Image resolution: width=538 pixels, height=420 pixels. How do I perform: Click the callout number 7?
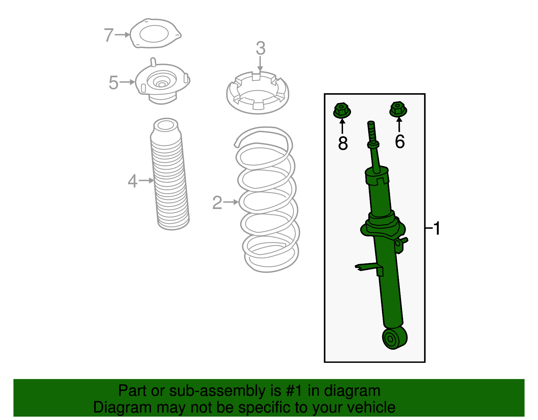pyautogui.click(x=108, y=35)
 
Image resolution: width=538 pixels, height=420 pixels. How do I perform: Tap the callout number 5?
pyautogui.click(x=114, y=83)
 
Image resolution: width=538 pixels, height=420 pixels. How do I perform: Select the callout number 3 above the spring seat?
pyautogui.click(x=260, y=48)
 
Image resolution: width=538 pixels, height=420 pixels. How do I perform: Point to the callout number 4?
pyautogui.click(x=132, y=181)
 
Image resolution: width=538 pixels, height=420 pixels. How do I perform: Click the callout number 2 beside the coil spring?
pyautogui.click(x=217, y=203)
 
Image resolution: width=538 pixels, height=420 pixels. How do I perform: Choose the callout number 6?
pyautogui.click(x=399, y=142)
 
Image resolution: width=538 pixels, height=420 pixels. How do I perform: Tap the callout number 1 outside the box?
pyautogui.click(x=436, y=228)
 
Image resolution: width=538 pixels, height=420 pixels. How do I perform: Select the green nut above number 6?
pyautogui.click(x=398, y=109)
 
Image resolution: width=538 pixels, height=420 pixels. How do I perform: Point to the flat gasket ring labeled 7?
pyautogui.click(x=155, y=34)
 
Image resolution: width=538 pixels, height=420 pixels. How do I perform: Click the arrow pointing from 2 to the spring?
pyautogui.click(x=231, y=202)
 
